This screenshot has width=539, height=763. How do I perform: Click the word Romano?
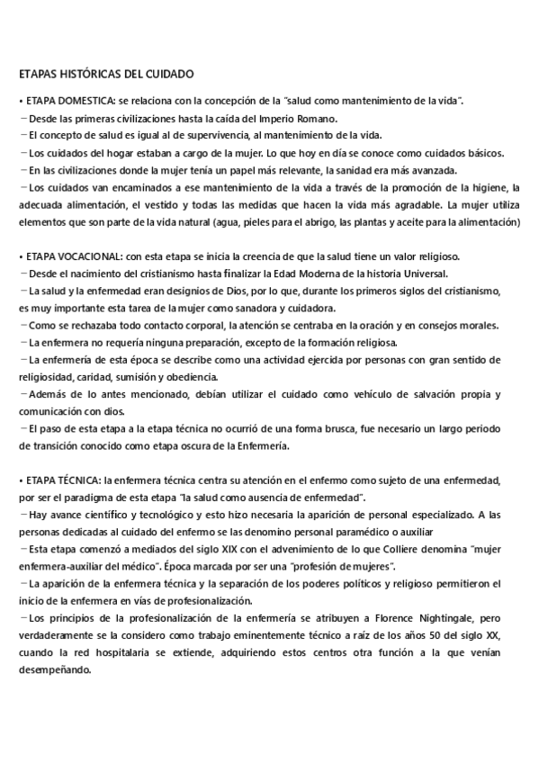pos(318,119)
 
